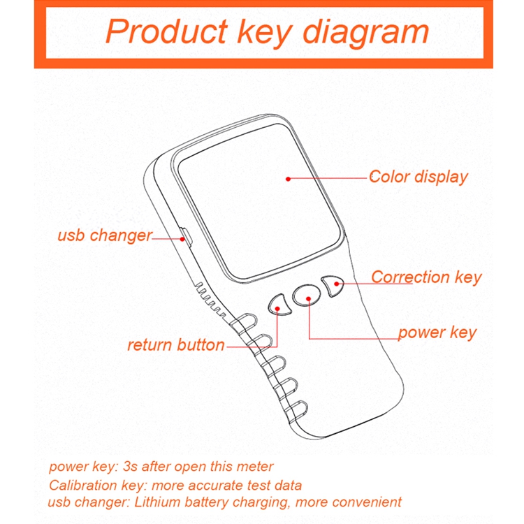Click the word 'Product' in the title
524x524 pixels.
click(x=166, y=31)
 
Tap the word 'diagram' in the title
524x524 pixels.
click(x=365, y=31)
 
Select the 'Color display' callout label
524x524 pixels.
click(x=418, y=177)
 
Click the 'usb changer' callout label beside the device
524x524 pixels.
click(x=105, y=235)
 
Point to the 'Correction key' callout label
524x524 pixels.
click(x=426, y=277)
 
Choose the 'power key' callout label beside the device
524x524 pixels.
click(x=437, y=333)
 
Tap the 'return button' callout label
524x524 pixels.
click(x=176, y=345)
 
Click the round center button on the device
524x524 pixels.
click(x=307, y=295)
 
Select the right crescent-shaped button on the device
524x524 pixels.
click(x=332, y=286)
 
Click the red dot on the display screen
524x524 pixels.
click(x=288, y=179)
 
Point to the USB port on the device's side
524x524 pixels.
click(x=186, y=237)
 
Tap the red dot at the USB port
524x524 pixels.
click(x=182, y=239)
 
